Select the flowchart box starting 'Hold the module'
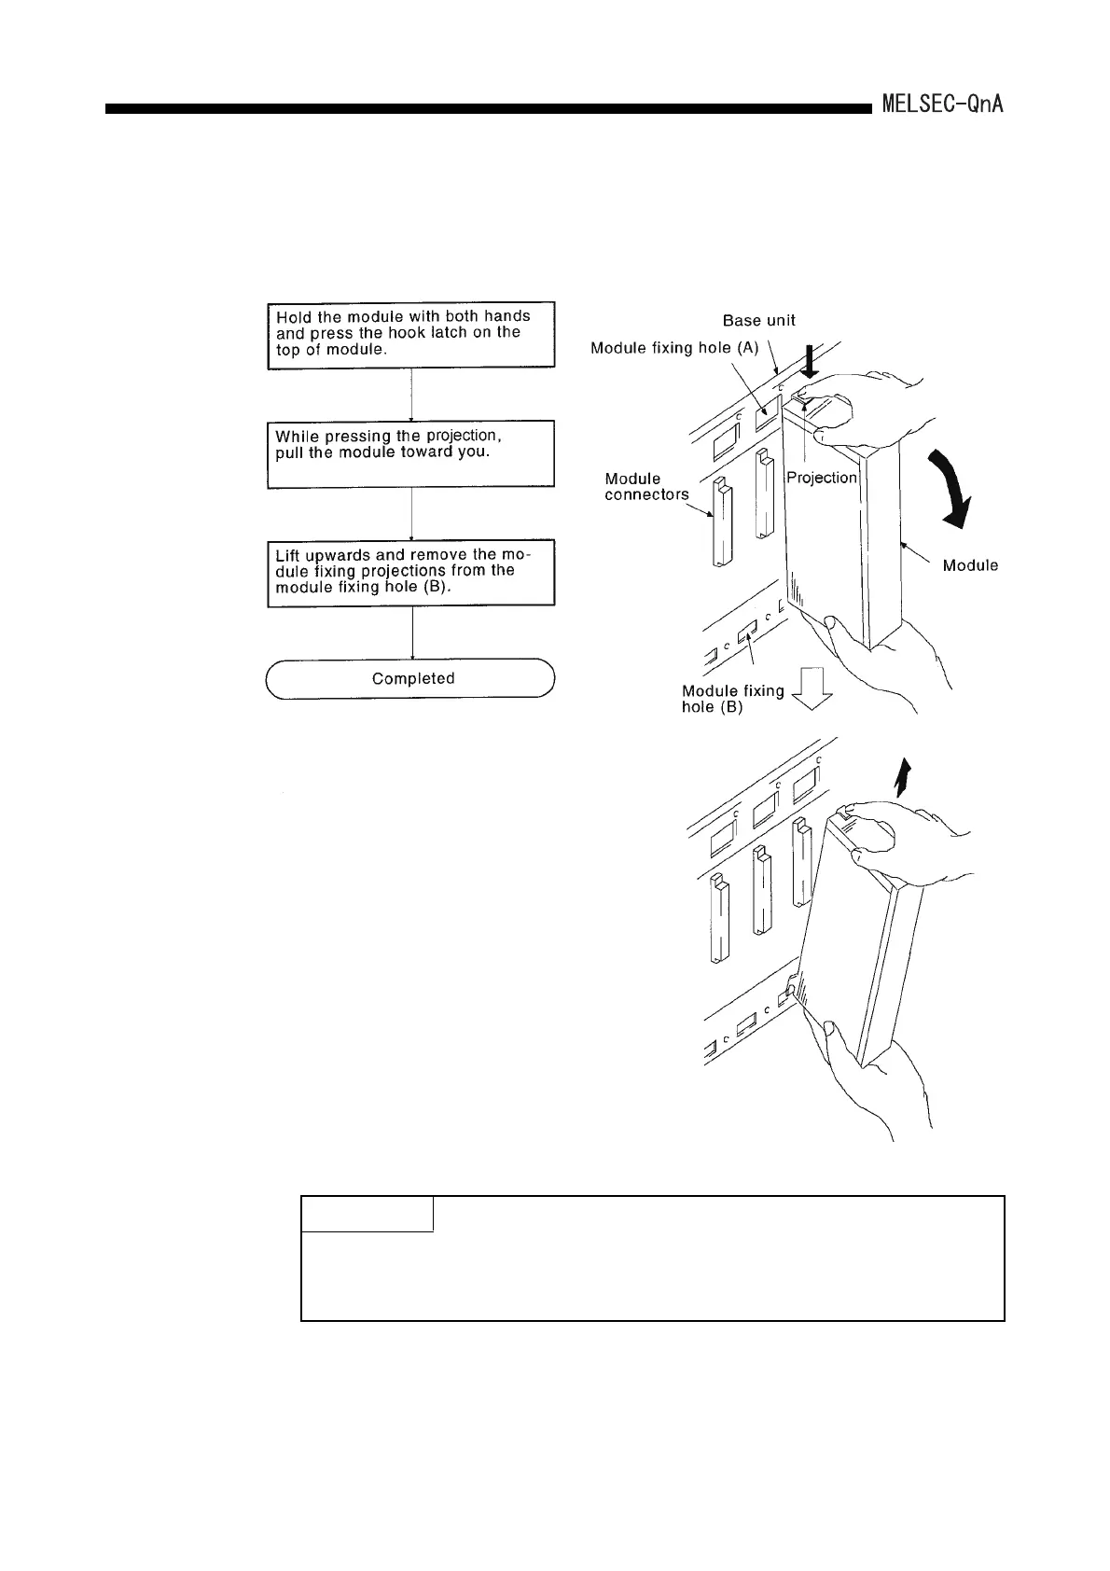pos(411,335)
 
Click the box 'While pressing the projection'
pos(411,453)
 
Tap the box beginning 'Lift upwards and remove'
pos(411,573)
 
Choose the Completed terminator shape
pos(411,678)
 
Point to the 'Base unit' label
pos(759,320)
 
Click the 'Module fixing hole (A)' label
pos(675,348)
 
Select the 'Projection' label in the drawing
pos(821,478)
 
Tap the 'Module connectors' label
pos(645,486)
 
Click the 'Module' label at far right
pos(970,565)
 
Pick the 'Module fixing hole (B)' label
pos(733,698)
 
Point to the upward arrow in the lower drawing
pos(899,776)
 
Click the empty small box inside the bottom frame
pos(368,1214)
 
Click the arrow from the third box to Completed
pos(412,633)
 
